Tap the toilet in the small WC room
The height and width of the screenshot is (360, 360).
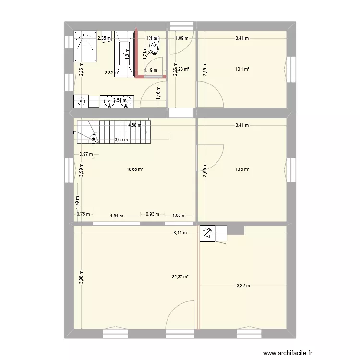click(155, 45)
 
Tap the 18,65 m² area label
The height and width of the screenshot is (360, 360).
click(135, 169)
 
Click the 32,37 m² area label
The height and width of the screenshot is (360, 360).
click(180, 276)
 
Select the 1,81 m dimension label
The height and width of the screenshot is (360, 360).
click(117, 216)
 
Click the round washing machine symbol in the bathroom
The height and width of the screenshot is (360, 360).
click(82, 101)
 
